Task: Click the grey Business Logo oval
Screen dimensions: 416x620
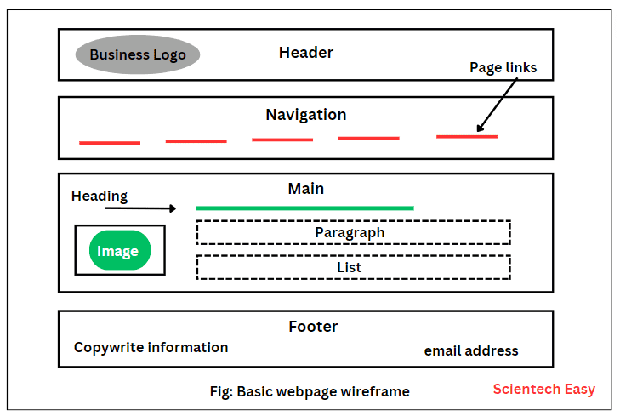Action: coord(138,55)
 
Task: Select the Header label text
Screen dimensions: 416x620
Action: coord(306,53)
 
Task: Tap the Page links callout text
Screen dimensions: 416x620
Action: coord(503,67)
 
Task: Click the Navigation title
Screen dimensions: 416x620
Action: coord(306,115)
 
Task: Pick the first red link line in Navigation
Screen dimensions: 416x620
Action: coord(110,142)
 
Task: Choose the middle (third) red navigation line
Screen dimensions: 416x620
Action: coord(282,140)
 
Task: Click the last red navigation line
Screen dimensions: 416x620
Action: coord(467,136)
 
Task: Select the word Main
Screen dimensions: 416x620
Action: coord(306,189)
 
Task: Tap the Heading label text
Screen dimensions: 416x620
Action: coord(100,197)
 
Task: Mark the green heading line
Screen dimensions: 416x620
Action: coord(304,208)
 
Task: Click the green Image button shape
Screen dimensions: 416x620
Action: coord(120,251)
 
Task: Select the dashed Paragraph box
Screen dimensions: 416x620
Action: coord(353,232)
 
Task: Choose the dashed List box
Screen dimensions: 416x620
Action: coord(353,267)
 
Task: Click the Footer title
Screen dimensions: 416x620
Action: coord(313,327)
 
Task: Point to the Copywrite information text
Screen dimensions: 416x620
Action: coord(151,347)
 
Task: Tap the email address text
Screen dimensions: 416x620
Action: coord(471,350)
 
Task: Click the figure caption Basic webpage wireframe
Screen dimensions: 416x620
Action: coord(310,392)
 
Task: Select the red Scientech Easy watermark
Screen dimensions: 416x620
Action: coord(544,390)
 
